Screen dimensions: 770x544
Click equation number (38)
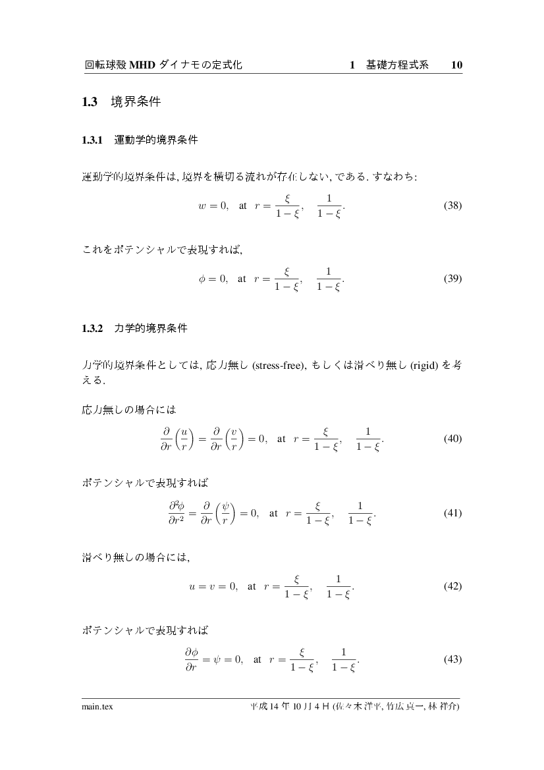[452, 206]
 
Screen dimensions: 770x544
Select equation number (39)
[452, 279]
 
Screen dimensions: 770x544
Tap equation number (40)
[452, 439]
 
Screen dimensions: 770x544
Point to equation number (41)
[452, 512]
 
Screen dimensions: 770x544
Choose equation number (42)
[452, 586]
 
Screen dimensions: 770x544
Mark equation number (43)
[452, 659]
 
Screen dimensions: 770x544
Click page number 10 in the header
[456, 65]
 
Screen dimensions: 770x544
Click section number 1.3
[90, 102]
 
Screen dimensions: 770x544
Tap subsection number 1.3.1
[93, 140]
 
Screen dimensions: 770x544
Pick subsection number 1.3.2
[93, 327]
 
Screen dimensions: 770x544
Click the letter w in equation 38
[202, 206]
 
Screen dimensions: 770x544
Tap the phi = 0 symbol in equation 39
[213, 279]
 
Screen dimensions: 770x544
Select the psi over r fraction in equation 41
[227, 512]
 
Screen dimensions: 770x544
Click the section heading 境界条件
[136, 102]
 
